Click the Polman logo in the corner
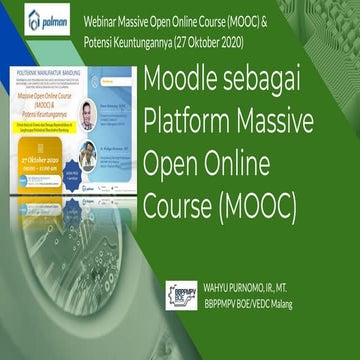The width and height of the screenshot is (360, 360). [x=46, y=19]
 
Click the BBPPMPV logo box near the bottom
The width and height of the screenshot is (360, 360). [x=181, y=297]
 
